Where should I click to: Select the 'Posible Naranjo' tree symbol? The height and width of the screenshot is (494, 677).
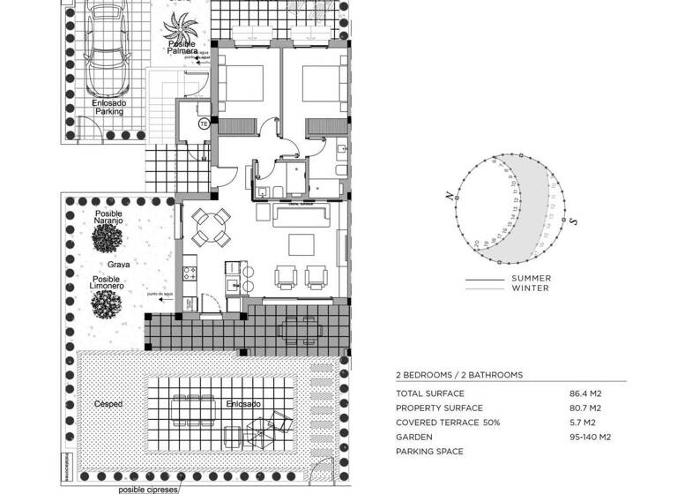point(108,236)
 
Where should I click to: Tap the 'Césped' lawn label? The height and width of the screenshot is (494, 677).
point(108,404)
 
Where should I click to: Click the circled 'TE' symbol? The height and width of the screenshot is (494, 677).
point(205,123)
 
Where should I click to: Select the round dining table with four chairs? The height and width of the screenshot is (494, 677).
point(211,228)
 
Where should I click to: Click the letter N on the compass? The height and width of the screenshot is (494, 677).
point(449,197)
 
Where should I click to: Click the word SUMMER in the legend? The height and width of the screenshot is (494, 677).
point(531,279)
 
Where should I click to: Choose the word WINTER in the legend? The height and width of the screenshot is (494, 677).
point(530,288)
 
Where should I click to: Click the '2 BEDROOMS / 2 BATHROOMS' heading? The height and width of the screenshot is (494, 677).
point(459,375)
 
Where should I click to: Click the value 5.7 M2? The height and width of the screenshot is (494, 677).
point(585,423)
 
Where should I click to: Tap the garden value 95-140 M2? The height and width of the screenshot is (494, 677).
point(591,437)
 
